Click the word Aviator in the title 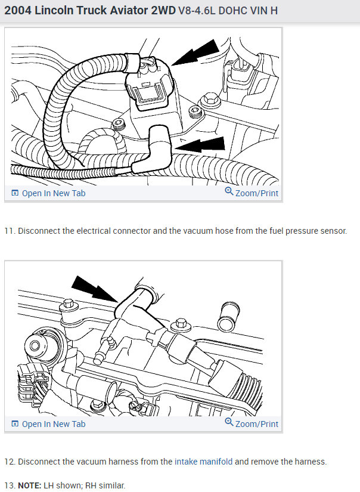129,10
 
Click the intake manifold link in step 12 203,462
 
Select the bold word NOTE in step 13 29,485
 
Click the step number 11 10,231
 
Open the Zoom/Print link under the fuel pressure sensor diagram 256,193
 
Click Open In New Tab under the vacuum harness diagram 54,424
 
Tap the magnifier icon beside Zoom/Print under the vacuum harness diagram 229,422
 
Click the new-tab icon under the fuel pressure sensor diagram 15,193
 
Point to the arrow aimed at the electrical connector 195,52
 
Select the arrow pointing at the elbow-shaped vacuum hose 200,145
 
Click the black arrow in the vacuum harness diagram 94,289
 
